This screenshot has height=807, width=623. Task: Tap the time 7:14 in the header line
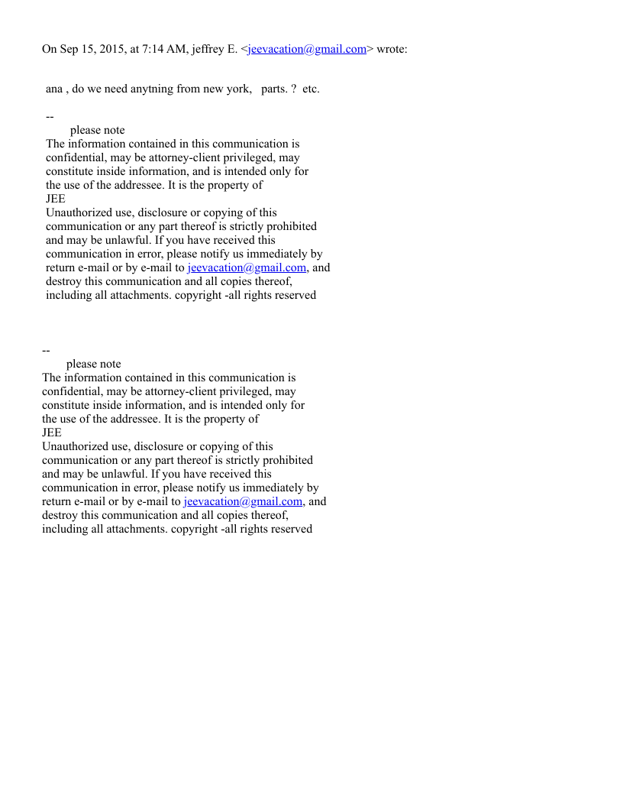156,50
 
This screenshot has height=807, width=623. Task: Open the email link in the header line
307,50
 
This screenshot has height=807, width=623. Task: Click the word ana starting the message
54,89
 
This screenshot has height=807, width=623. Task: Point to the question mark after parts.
294,89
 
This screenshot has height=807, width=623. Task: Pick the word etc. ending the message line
311,89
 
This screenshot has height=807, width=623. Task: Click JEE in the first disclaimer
56,199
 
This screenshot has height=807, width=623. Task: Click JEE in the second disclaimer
52,433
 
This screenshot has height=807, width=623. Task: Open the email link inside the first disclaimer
247,268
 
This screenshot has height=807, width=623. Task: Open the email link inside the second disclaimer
243,502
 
